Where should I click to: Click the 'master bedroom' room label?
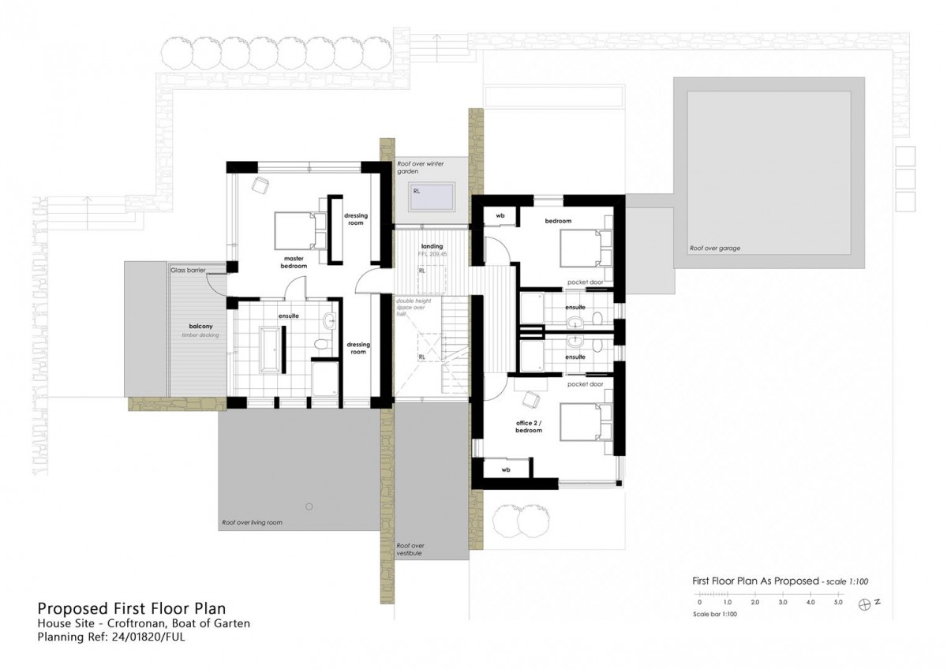(294, 262)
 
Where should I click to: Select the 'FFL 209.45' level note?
(432, 255)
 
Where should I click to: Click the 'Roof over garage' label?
(714, 248)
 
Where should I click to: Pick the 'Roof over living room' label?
(252, 522)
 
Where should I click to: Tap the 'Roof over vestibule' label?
(410, 549)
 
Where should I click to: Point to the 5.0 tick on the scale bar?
(837, 603)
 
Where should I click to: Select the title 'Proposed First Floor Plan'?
(132, 608)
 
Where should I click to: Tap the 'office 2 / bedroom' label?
(528, 427)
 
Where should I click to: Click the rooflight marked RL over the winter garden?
(432, 195)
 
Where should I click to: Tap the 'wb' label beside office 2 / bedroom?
(506, 469)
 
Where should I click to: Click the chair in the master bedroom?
(260, 185)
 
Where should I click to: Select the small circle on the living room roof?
(309, 506)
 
